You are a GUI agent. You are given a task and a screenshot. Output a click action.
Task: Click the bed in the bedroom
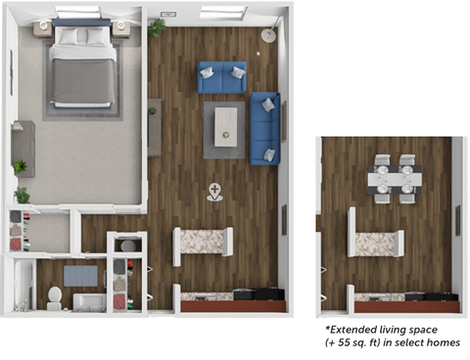pyautogui.click(x=82, y=68)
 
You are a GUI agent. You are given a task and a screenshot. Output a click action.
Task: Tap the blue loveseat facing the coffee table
pyautogui.click(x=222, y=76)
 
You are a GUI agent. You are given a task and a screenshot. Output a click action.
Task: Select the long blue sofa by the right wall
pyautogui.click(x=266, y=128)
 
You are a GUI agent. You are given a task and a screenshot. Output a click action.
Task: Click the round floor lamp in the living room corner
pyautogui.click(x=267, y=35)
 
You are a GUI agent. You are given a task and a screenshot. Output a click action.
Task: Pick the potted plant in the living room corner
pyautogui.click(x=157, y=27)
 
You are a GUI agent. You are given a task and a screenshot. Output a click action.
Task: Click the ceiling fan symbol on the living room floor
pyautogui.click(x=214, y=191)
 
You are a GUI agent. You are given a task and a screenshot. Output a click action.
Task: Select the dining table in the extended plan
pyautogui.click(x=395, y=178)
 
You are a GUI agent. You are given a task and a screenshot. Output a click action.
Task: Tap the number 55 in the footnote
pyautogui.click(x=344, y=345)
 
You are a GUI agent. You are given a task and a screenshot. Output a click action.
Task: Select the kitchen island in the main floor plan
pyautogui.click(x=203, y=245)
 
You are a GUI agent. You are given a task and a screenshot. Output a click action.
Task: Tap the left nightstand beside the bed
pyautogui.click(x=43, y=28)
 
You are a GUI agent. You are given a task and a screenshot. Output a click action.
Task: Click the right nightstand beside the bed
pyautogui.click(x=120, y=28)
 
